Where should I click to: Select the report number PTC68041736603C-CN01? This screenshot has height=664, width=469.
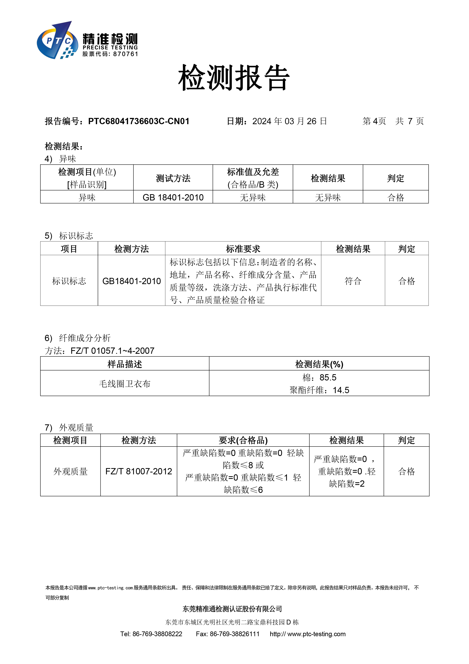point(139,121)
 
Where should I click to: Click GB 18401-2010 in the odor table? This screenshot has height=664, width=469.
point(173,198)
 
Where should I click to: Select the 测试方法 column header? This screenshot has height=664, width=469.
point(173,178)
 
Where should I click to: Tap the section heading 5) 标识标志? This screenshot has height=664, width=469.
point(69,236)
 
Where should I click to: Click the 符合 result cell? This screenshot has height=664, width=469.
point(353,281)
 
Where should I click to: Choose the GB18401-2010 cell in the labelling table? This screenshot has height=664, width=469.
point(131,281)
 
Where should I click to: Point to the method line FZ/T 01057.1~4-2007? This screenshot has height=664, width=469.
point(112,351)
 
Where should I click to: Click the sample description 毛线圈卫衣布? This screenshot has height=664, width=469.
point(125,384)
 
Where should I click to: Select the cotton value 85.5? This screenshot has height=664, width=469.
point(328,377)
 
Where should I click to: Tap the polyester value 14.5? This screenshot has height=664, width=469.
point(341,390)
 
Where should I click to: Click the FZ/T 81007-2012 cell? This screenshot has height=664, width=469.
point(138,471)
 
